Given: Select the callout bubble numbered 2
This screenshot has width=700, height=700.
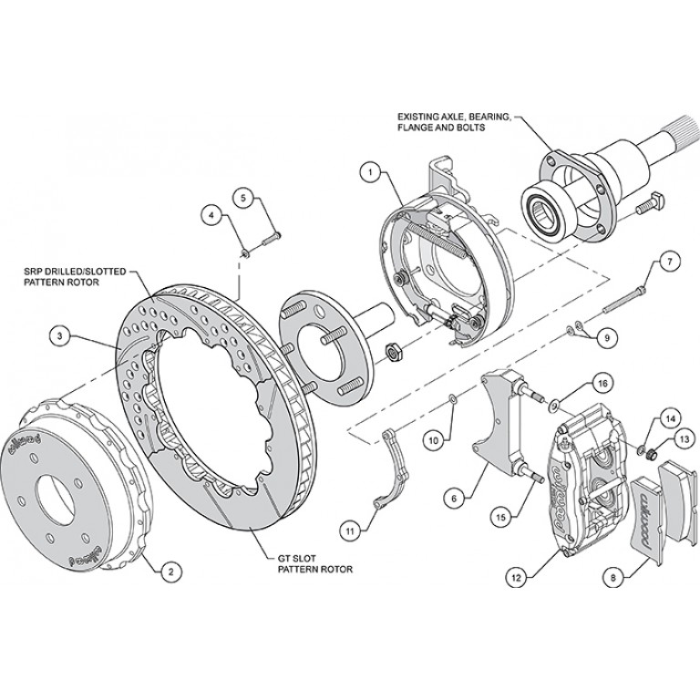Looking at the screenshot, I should coord(168,572).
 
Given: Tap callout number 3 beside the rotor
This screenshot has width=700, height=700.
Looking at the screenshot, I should coord(59,337).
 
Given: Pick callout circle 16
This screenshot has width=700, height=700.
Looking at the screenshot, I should coord(576,380).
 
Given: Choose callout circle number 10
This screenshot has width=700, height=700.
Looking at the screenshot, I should coord(435,439).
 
